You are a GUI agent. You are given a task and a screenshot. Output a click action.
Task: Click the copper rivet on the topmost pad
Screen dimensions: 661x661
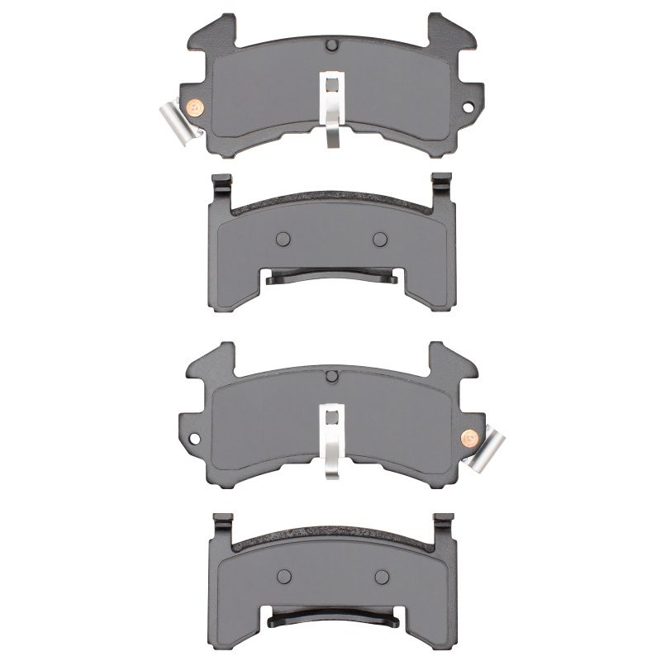(x=195, y=107)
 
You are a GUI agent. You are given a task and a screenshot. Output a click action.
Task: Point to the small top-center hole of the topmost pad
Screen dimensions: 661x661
(x=331, y=45)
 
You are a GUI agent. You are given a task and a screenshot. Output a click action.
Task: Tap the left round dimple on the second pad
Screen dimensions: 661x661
(x=283, y=239)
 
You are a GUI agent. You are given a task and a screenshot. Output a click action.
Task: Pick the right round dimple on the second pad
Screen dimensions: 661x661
(x=380, y=239)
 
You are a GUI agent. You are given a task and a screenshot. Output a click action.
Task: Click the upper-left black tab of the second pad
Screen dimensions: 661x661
(x=221, y=188)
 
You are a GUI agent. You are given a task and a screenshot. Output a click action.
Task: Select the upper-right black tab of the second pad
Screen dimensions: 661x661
(x=441, y=188)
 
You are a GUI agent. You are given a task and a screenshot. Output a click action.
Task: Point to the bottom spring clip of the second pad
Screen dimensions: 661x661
(x=330, y=278)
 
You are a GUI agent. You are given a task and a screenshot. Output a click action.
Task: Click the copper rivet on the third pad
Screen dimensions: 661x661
(x=468, y=435)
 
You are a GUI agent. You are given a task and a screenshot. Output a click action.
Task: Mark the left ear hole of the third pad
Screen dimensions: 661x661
(x=195, y=435)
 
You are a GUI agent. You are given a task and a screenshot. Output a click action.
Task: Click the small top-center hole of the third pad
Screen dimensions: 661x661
(x=331, y=375)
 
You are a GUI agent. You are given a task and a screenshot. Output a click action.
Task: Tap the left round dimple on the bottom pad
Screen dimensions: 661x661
(x=283, y=576)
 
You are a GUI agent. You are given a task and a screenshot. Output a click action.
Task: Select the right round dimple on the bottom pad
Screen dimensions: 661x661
(x=381, y=576)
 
